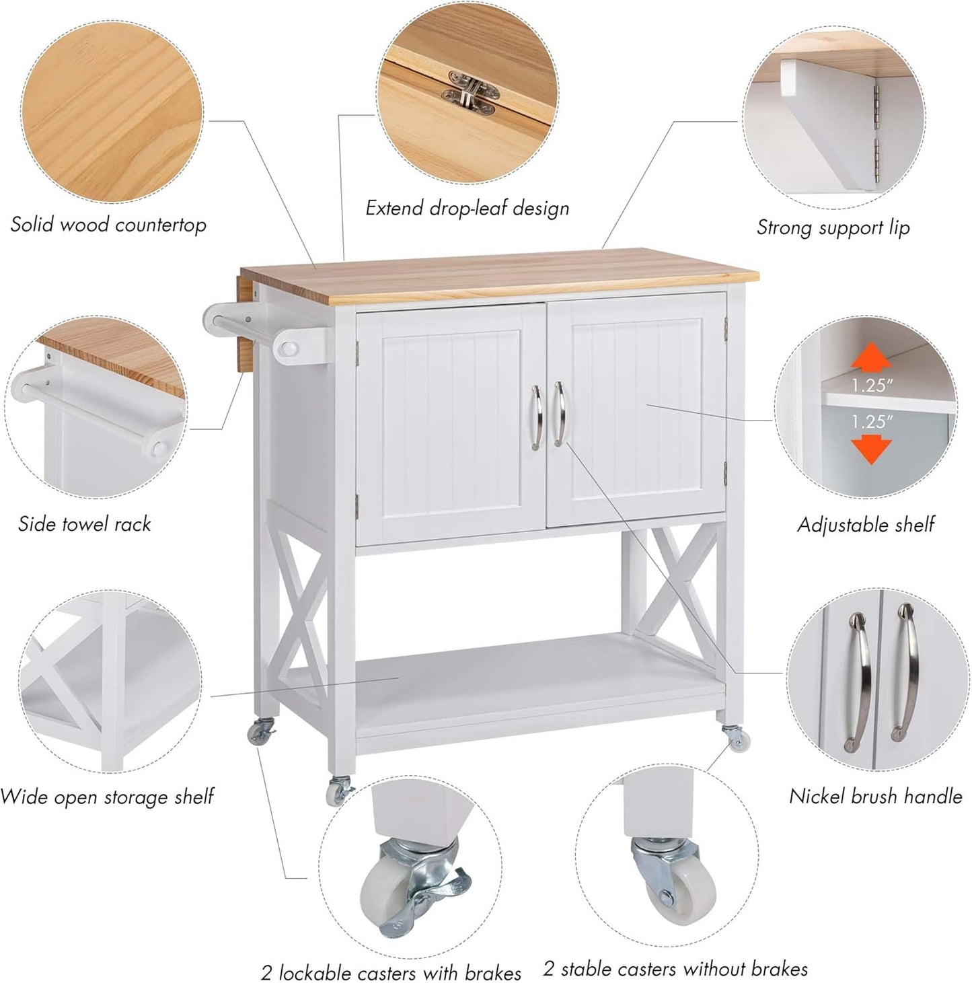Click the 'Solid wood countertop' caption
click(108, 224)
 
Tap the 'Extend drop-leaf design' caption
click(467, 208)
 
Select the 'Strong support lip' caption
click(833, 227)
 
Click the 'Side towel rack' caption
click(84, 524)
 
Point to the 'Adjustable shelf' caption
click(866, 524)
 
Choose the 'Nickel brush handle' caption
click(875, 796)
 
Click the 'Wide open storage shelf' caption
click(107, 797)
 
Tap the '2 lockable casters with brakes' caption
click(391, 972)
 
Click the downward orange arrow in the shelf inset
click(871, 449)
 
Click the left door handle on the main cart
click(535, 417)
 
